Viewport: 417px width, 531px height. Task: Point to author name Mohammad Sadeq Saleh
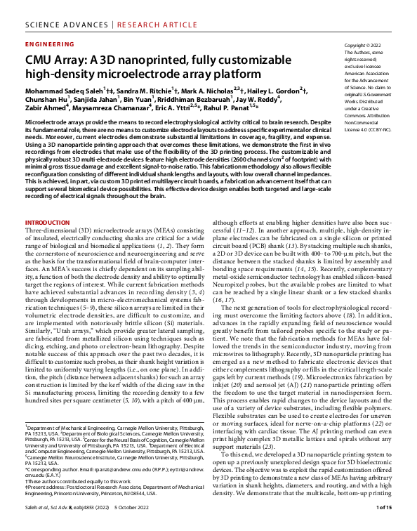[62, 91]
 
